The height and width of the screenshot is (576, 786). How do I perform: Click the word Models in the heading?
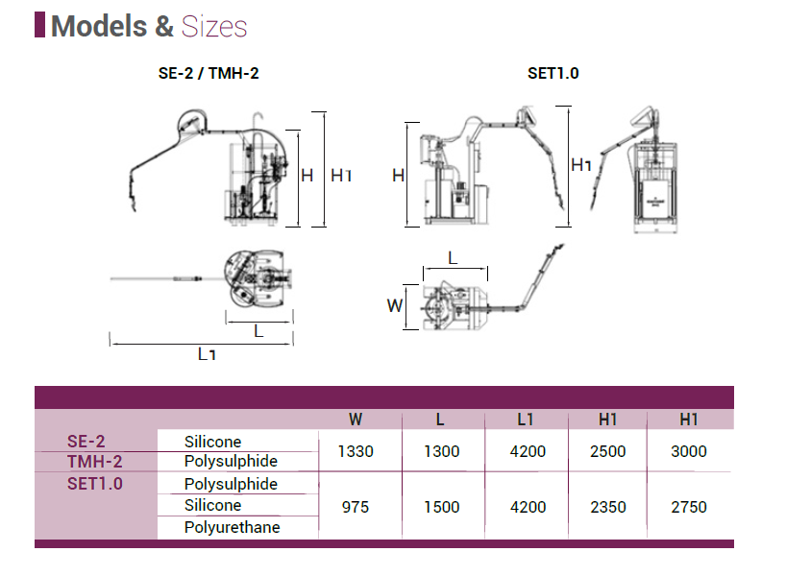(x=99, y=26)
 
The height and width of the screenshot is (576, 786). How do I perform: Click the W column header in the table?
(x=356, y=420)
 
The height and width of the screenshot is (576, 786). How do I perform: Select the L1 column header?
(x=525, y=420)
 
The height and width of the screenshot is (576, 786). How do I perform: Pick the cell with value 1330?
(x=356, y=451)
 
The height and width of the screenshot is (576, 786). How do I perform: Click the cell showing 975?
(x=356, y=507)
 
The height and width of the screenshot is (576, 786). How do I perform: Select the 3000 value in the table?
(x=689, y=451)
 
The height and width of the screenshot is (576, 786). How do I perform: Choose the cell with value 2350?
(x=607, y=507)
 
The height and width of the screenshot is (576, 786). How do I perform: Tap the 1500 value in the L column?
(x=441, y=507)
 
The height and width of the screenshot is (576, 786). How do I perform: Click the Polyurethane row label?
(x=232, y=527)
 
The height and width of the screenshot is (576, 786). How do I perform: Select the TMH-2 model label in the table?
(x=94, y=462)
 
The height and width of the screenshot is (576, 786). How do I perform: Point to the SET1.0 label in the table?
(x=95, y=484)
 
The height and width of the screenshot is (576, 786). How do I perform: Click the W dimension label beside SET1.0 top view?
(x=394, y=306)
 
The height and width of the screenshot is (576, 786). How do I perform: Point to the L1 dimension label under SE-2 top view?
(x=206, y=354)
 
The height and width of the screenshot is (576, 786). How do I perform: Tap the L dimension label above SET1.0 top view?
(x=453, y=259)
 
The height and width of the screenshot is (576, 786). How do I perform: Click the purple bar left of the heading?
(x=39, y=25)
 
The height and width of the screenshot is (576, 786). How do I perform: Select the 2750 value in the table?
(x=689, y=507)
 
